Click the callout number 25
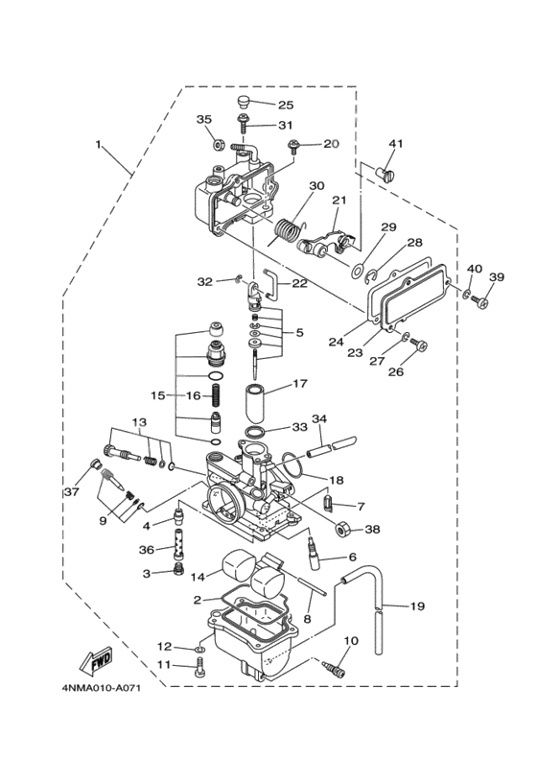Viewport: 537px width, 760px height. tap(286, 105)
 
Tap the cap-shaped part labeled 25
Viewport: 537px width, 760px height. tap(244, 103)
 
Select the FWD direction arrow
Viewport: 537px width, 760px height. tap(95, 661)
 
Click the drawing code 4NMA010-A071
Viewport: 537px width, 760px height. tap(102, 688)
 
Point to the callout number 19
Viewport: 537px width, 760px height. tap(417, 606)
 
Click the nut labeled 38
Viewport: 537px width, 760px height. tap(343, 530)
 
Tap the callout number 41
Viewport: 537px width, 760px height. tap(396, 144)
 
